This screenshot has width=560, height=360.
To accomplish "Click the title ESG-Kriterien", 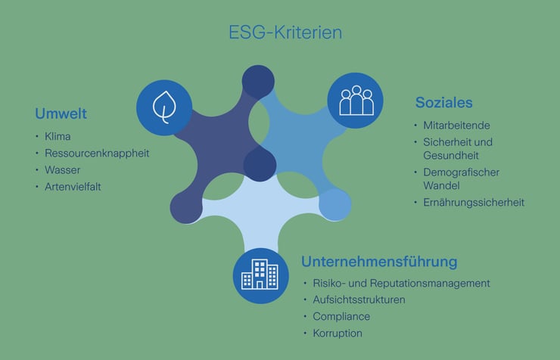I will tap(285, 33).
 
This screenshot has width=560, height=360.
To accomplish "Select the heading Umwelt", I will tap(61, 114).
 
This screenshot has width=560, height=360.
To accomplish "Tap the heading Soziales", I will tap(443, 101).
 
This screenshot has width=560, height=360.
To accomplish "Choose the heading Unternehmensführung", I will tap(379, 262).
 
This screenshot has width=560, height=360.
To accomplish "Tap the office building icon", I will tap(260, 275).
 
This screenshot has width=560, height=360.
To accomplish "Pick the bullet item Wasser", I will tap(63, 169).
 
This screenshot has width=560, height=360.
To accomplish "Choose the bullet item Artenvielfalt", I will tap(73, 186).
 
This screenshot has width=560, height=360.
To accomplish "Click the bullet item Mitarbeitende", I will tap(456, 125).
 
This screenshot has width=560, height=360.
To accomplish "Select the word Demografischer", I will tap(461, 172).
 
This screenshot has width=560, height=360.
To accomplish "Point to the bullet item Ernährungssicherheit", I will tap(474, 202).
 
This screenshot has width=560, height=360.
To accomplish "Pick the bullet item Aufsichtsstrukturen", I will tap(359, 299).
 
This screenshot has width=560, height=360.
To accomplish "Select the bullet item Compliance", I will tap(341, 316).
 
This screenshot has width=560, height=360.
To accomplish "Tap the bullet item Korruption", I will tap(338, 333).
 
